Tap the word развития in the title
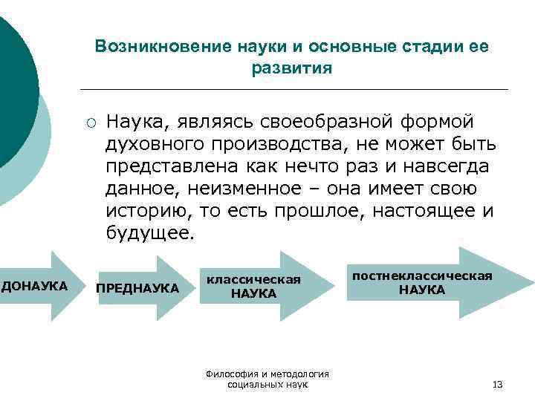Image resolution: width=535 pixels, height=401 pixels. coord(293,68)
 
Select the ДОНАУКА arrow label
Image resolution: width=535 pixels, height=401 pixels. coord(36,286)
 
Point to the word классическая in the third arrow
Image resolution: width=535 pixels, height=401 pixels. coord(253,279)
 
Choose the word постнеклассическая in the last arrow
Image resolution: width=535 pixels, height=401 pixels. coord(422,276)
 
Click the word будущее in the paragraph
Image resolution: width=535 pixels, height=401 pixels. coord(149,233)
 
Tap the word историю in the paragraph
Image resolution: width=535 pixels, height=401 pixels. coord(148,210)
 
